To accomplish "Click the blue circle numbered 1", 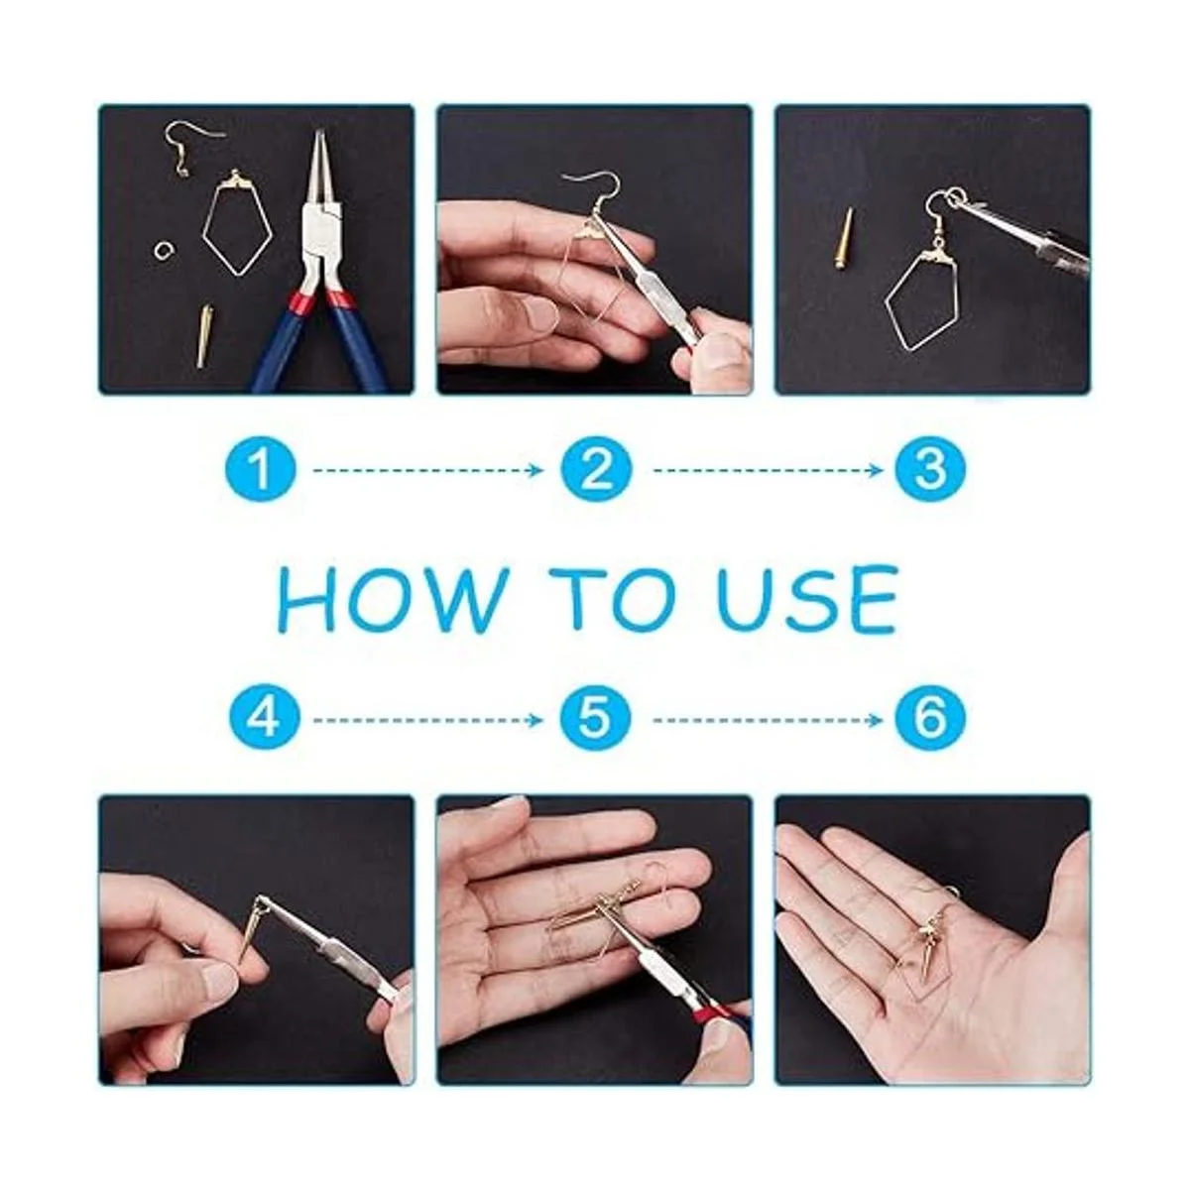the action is coord(260,471).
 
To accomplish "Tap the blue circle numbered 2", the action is coord(596,471).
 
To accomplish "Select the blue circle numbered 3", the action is coord(930,471).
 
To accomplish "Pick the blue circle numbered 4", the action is coord(265,719).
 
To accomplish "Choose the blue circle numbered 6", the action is coord(930,719).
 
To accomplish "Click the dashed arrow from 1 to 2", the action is coord(428,471).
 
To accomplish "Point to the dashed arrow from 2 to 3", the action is coord(769,471).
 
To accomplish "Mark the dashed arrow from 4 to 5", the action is coord(428,720).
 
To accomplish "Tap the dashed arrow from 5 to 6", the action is coord(769,720).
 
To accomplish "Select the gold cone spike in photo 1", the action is coord(205,336).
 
